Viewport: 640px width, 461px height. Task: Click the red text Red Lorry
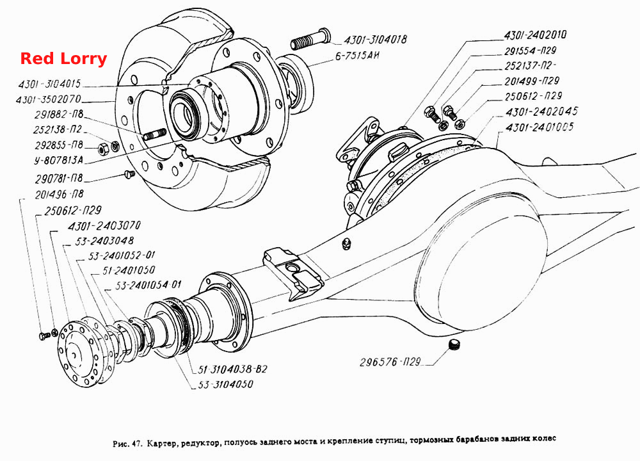(x=63, y=58)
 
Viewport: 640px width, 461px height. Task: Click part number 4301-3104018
(x=375, y=40)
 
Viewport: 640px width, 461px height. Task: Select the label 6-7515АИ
(x=357, y=56)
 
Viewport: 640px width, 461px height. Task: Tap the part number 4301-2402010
(x=536, y=35)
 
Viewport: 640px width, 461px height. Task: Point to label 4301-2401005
(x=539, y=127)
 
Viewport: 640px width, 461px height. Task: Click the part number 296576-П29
(x=390, y=362)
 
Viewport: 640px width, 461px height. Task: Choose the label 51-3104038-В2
(x=233, y=369)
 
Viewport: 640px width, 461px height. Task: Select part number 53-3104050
(x=226, y=384)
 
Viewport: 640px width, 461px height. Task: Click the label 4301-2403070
(x=104, y=225)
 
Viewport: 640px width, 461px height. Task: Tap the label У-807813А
(x=58, y=160)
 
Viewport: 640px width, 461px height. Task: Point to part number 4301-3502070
(x=49, y=99)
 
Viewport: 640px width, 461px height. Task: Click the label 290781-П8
(x=59, y=178)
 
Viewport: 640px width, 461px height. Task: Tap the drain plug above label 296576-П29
(x=454, y=344)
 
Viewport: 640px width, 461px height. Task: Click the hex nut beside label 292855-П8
(x=103, y=149)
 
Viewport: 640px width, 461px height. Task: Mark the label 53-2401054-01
(x=148, y=285)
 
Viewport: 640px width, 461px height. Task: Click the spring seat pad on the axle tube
(x=293, y=272)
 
